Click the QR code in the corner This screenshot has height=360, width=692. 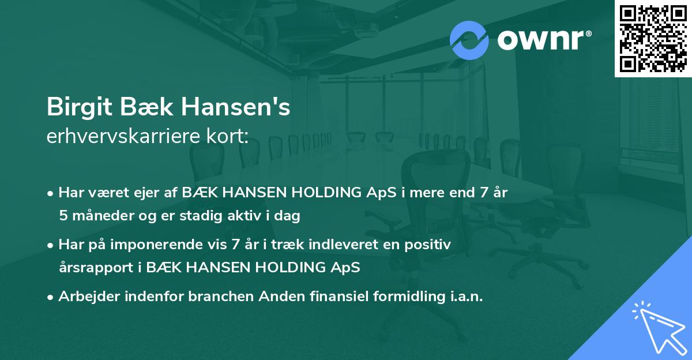pos(653,38)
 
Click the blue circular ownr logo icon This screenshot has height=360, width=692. pos(469,40)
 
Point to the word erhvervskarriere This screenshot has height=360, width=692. pos(121,136)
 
